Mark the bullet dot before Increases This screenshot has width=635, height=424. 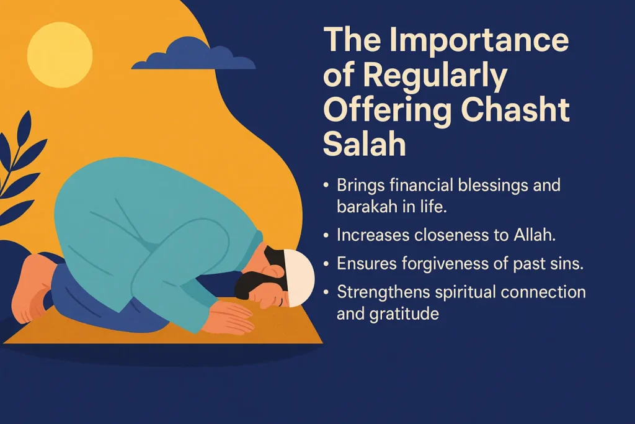[327, 235]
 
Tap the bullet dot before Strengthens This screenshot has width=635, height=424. [327, 292]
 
